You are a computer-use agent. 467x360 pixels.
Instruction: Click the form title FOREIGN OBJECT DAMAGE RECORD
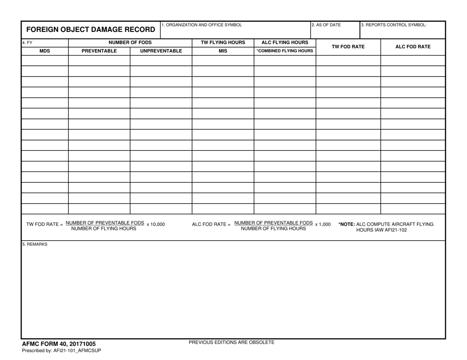[90, 29]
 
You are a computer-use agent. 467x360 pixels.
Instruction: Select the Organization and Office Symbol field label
[202, 25]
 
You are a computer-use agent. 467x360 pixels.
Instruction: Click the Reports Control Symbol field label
[394, 25]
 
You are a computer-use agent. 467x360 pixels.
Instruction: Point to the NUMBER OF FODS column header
[130, 43]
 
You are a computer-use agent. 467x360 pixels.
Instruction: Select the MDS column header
[45, 51]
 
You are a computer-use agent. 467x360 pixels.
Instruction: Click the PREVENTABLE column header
[99, 51]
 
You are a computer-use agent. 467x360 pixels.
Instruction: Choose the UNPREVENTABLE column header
[161, 51]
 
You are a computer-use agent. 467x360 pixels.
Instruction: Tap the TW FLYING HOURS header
[223, 43]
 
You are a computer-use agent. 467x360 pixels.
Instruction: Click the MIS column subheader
[223, 51]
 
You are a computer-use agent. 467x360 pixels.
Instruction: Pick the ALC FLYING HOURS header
[285, 43]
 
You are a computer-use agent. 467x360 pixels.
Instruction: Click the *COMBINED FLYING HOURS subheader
[285, 51]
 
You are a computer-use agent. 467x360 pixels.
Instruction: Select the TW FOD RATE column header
[348, 47]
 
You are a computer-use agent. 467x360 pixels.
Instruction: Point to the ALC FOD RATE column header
[413, 47]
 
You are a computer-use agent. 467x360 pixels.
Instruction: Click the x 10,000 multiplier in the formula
[156, 224]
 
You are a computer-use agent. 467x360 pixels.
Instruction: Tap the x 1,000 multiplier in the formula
[323, 224]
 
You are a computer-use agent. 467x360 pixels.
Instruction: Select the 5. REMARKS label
[35, 244]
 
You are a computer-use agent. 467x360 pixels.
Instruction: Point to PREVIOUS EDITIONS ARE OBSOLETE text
[232, 342]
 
